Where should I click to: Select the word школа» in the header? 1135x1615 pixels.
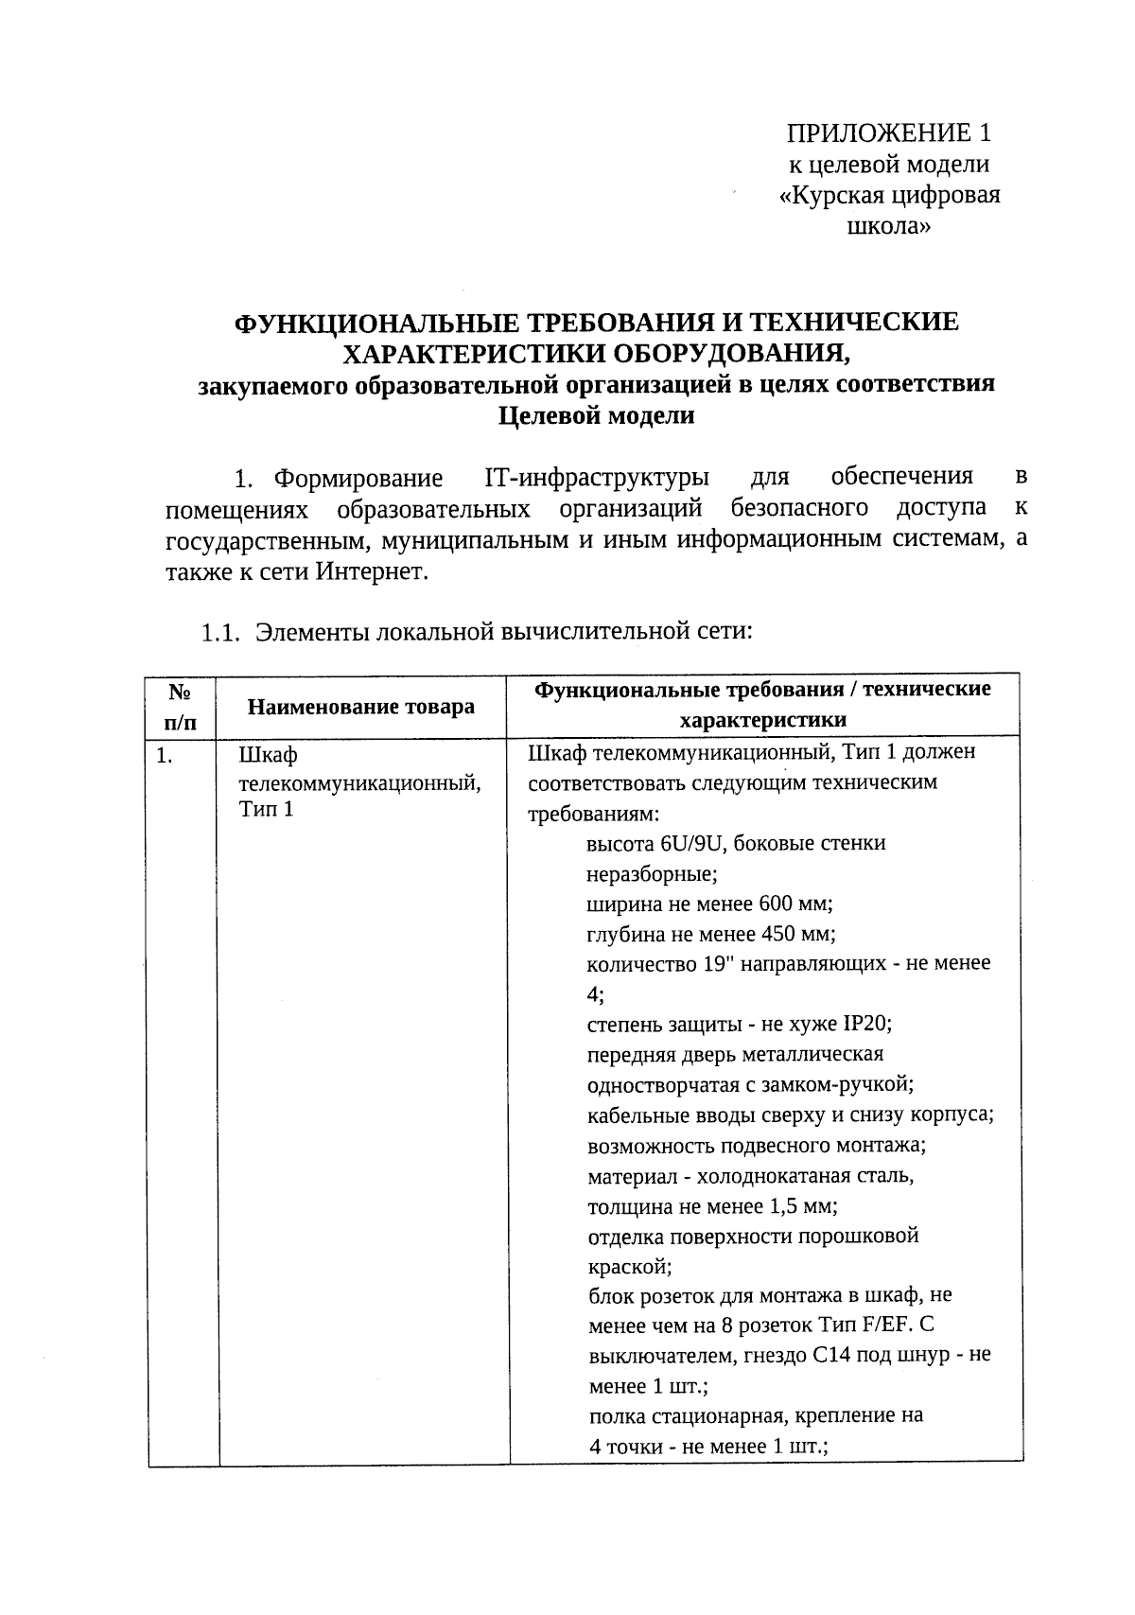point(888,227)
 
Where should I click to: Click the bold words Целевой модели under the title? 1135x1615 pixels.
point(596,415)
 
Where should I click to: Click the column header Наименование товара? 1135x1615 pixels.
point(360,707)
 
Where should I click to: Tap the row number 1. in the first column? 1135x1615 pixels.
point(165,756)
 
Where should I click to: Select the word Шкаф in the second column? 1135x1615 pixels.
point(269,756)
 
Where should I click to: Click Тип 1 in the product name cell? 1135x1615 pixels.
point(267,810)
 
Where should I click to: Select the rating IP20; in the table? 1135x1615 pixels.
point(868,1025)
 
